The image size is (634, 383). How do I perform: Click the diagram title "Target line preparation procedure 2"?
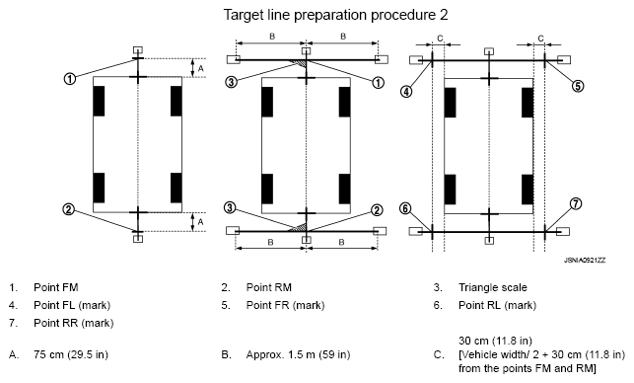(x=335, y=15)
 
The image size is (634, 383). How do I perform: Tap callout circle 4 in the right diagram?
(x=406, y=92)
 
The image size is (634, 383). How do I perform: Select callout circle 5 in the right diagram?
(x=578, y=86)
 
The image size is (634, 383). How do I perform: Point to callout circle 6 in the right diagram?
(x=405, y=209)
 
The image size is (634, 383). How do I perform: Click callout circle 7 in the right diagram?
(x=576, y=203)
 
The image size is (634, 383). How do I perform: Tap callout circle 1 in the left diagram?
(x=70, y=78)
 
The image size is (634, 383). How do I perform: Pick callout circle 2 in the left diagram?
(x=69, y=209)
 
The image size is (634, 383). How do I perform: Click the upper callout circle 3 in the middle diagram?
(x=231, y=82)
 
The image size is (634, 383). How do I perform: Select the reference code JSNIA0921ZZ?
(x=585, y=261)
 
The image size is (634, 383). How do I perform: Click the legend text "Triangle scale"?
(x=492, y=287)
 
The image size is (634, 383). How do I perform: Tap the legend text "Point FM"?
(x=56, y=287)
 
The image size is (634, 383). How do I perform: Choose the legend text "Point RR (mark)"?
(x=74, y=323)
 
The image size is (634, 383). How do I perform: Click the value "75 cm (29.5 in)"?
(x=71, y=354)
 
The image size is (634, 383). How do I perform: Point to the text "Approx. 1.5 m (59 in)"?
(x=298, y=354)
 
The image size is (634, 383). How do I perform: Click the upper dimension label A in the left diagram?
(x=200, y=69)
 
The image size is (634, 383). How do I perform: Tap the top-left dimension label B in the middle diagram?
(x=272, y=37)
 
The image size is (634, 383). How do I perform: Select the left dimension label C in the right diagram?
(x=440, y=38)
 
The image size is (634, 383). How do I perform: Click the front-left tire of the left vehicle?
(x=99, y=101)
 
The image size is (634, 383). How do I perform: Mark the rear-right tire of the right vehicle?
(x=528, y=190)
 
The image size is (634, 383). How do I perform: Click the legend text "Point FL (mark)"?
(x=72, y=305)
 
